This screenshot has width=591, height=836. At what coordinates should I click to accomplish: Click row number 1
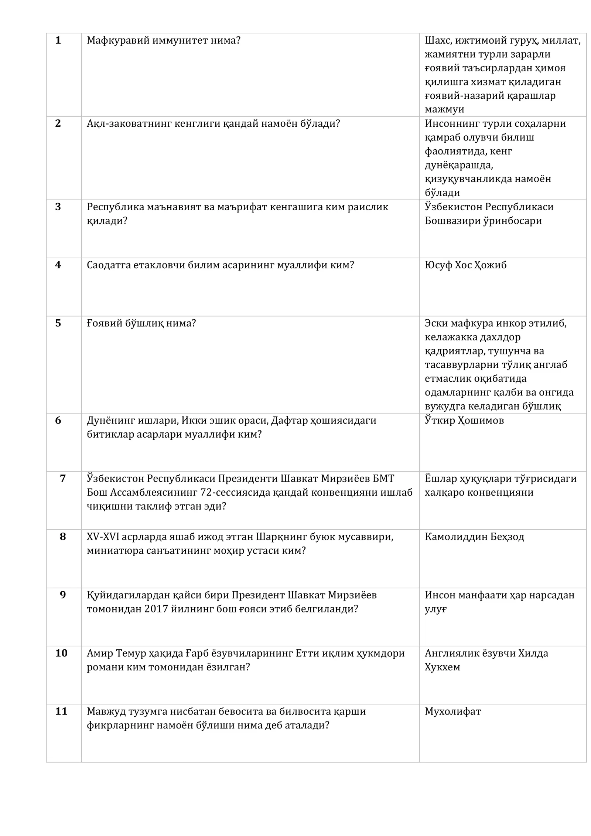click(x=58, y=40)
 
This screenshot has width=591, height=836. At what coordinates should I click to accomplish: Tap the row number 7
click(x=63, y=478)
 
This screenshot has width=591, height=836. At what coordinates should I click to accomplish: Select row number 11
click(x=61, y=711)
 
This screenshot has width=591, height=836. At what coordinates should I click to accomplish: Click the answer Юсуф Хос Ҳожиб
click(x=465, y=265)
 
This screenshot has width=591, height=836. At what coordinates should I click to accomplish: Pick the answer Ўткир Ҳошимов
click(x=464, y=420)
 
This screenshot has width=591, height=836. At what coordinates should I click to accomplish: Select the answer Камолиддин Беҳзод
click(x=474, y=537)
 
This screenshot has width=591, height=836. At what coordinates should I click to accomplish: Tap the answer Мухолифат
click(x=453, y=711)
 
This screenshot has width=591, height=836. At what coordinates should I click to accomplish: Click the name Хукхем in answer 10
click(x=442, y=667)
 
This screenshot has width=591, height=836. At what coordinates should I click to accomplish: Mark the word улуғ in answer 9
click(x=436, y=609)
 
